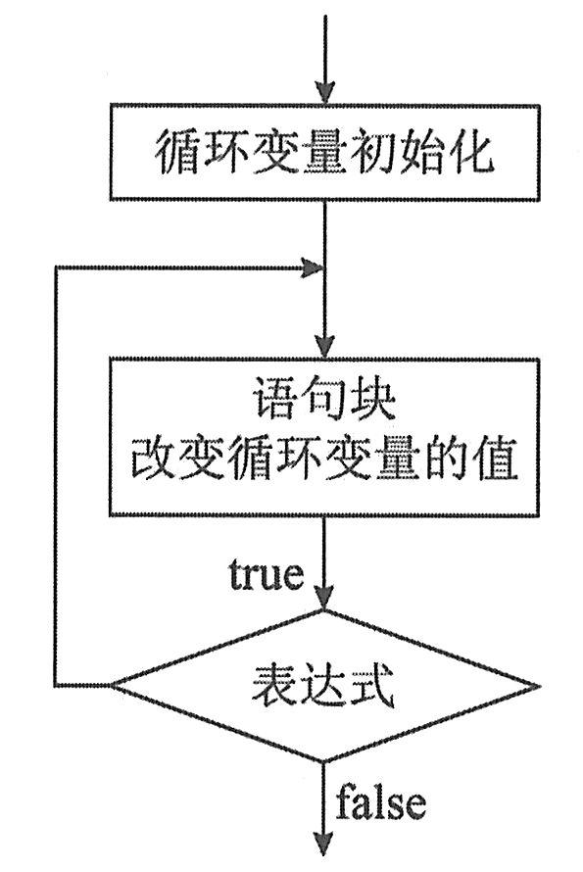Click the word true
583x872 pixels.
(267, 574)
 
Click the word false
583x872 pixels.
(380, 800)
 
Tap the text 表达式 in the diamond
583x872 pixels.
(322, 685)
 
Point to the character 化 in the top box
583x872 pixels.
(471, 152)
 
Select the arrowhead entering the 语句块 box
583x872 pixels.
(325, 347)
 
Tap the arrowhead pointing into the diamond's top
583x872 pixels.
(325, 599)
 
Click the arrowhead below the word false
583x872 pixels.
(325, 843)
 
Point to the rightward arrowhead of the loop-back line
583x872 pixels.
(313, 268)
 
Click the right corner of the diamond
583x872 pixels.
(540, 685)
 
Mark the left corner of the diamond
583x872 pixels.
(110, 685)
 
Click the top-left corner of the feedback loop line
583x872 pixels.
(55, 268)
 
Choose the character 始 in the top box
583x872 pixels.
(421, 152)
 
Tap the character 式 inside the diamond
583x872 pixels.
(371, 685)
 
